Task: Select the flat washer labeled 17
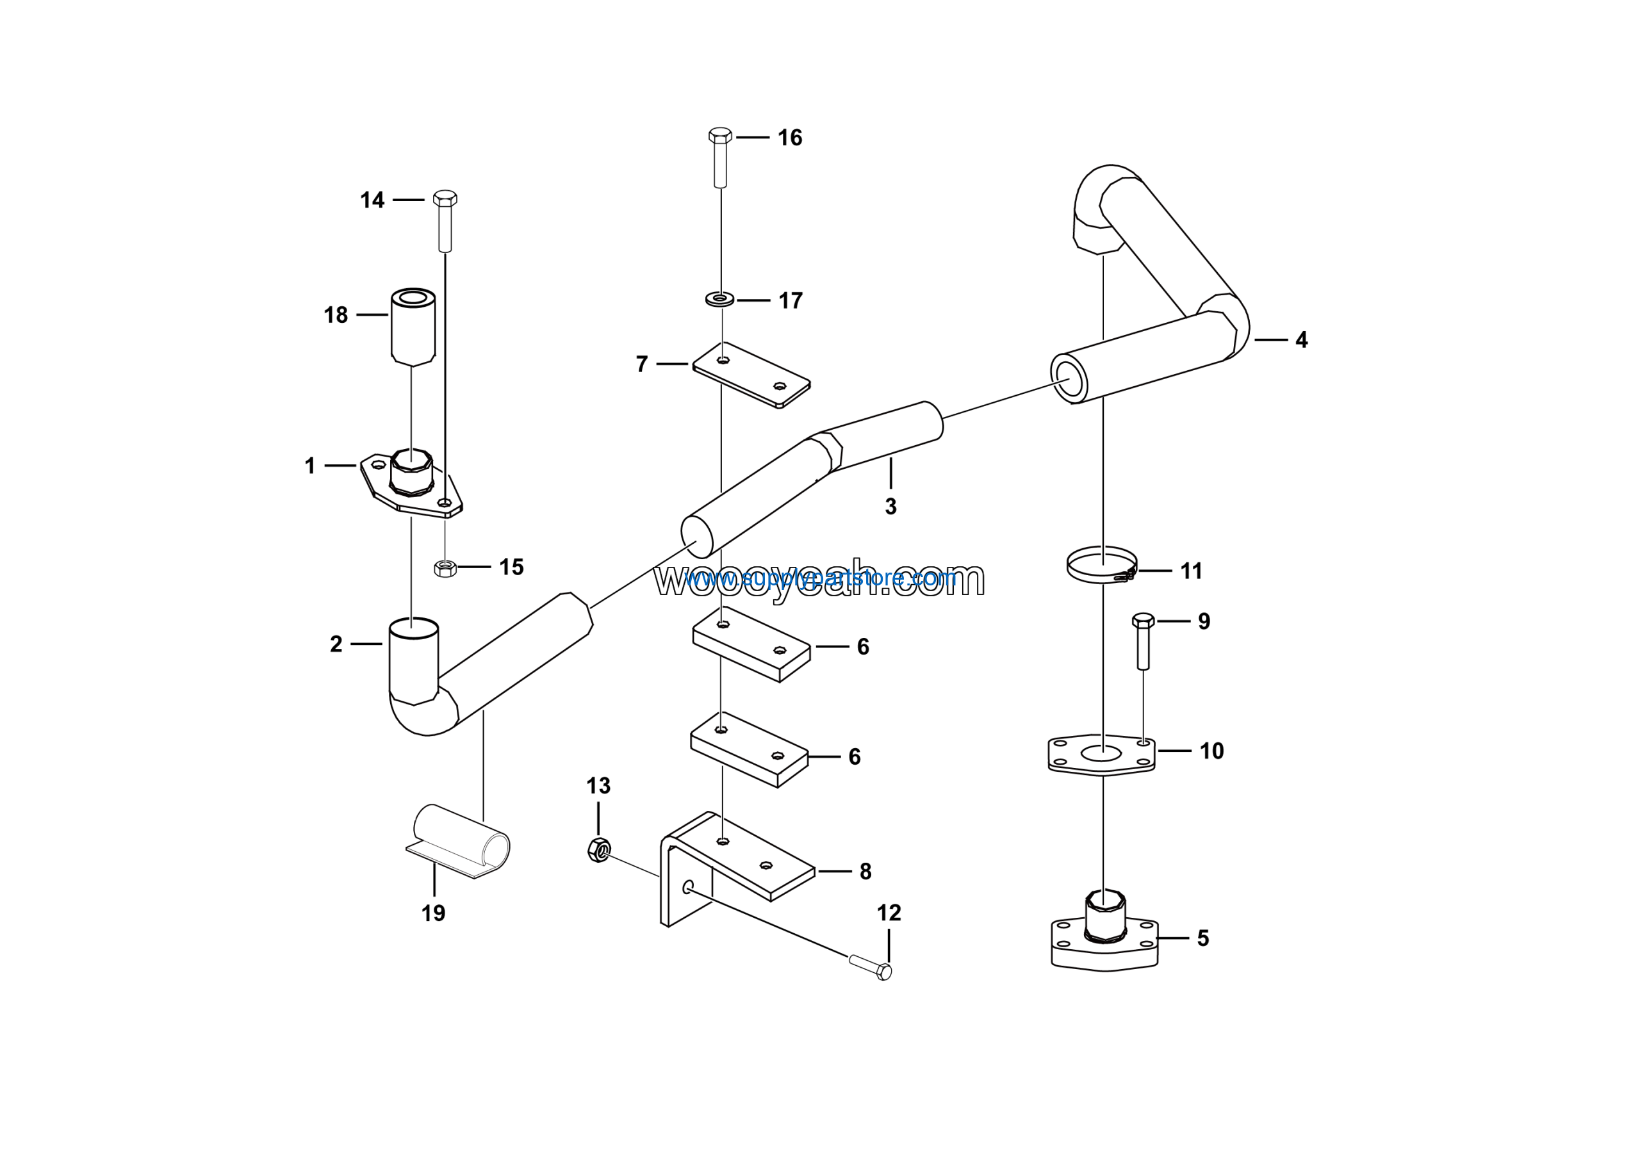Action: [720, 299]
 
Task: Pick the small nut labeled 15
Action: [445, 568]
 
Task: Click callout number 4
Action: [1301, 340]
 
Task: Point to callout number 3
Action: [890, 506]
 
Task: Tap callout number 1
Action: [310, 466]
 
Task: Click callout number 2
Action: [336, 644]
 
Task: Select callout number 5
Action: [1203, 938]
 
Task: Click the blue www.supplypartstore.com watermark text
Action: [820, 577]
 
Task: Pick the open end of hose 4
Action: [1069, 379]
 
